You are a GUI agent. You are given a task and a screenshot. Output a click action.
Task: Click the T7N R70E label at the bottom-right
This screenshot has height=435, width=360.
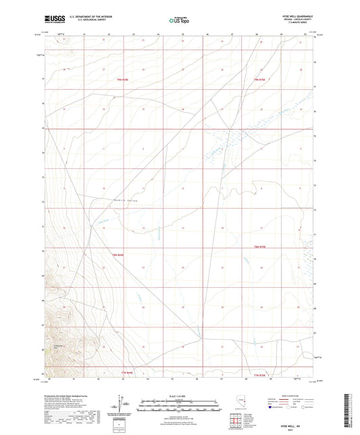pyautogui.click(x=259, y=374)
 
